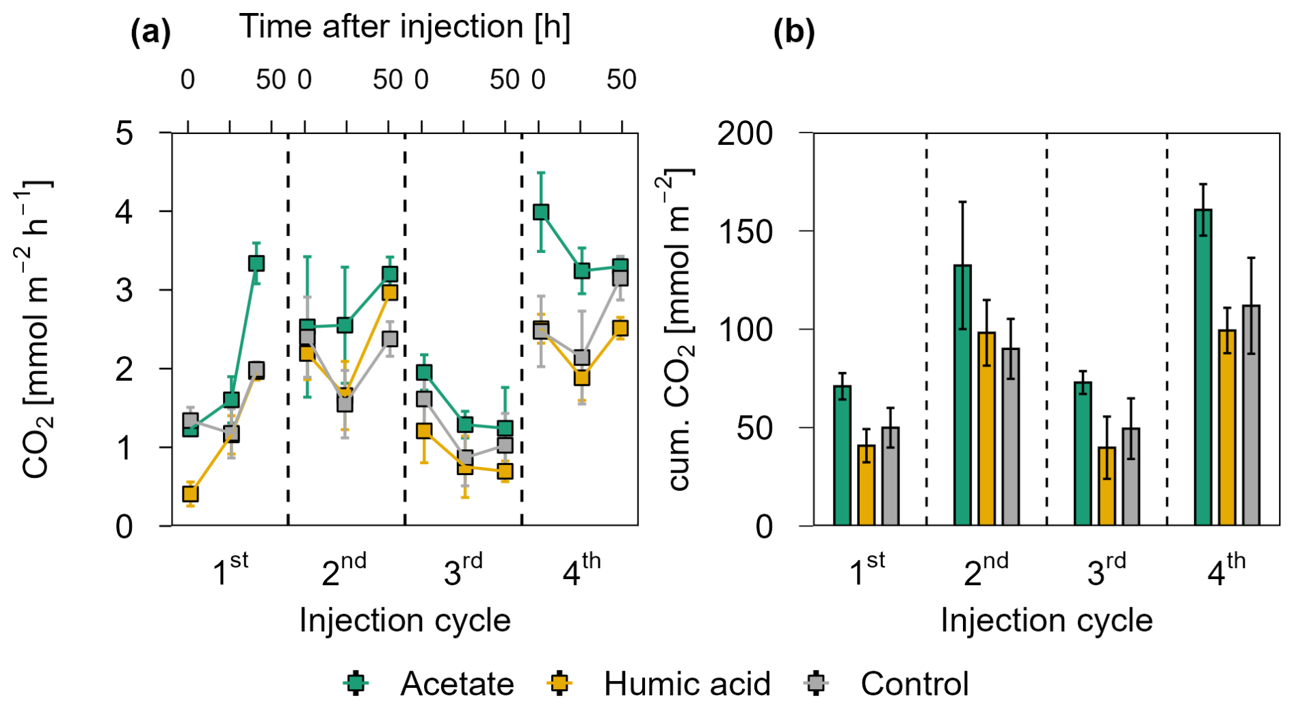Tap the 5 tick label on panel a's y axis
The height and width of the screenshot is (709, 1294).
coord(124,133)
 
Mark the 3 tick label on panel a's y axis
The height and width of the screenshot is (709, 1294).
coord(124,291)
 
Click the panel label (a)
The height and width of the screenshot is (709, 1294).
coord(150,32)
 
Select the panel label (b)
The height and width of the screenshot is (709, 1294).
coord(793,32)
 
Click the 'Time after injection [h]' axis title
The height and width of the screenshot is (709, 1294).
coord(405,27)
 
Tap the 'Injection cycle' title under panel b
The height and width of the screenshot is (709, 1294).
coord(1046,621)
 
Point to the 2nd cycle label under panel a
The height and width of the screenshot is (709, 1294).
coord(344,569)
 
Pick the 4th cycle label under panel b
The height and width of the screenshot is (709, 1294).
coord(1226,569)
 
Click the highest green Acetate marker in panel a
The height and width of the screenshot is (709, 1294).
coord(541,212)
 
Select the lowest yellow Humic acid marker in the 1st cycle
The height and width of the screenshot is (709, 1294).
coord(190,493)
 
